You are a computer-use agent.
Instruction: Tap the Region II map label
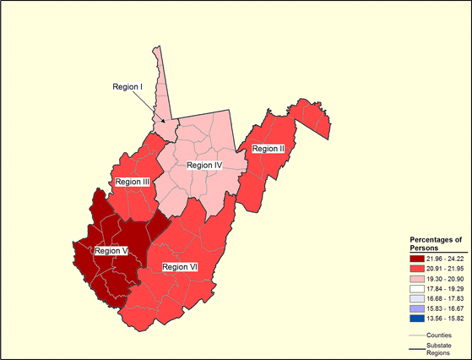coord(269,149)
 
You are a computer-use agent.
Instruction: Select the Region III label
coord(133,182)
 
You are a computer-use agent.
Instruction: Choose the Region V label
coord(111,250)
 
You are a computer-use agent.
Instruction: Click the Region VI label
coord(180,267)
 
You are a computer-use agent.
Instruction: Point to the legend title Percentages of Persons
coord(436,243)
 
